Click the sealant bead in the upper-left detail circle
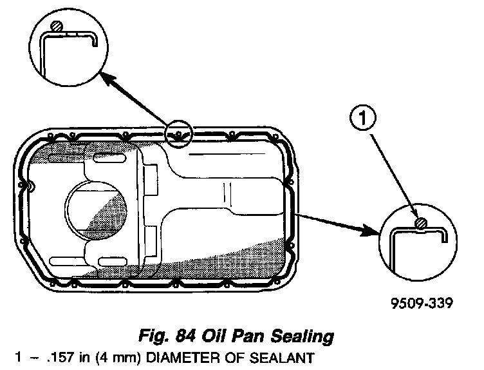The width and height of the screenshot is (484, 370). click(x=57, y=26)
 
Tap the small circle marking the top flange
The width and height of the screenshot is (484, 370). click(x=178, y=134)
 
